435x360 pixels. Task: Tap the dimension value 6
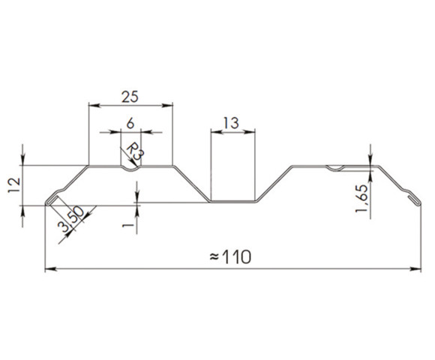point(131,123)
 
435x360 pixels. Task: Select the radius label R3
point(135,152)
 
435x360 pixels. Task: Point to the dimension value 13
point(232,123)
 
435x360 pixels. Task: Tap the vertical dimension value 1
point(128,223)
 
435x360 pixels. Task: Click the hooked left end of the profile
point(49,201)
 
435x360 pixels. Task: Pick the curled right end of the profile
point(412,200)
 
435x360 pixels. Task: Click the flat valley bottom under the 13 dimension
point(232,201)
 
